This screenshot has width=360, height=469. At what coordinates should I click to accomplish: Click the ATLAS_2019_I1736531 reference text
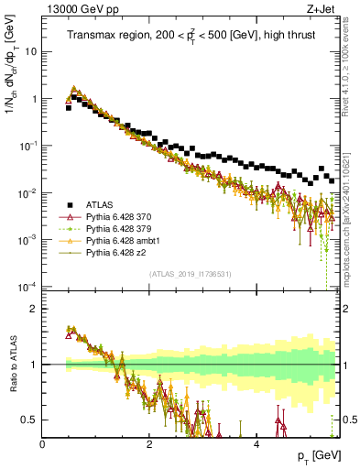click(x=191, y=274)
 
